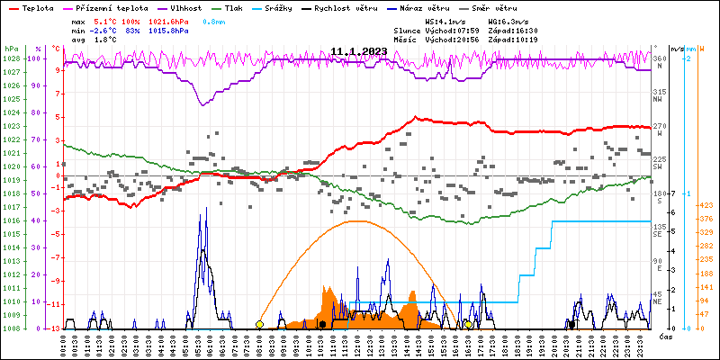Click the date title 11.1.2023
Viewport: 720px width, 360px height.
point(358,51)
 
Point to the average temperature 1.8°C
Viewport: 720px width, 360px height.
point(106,40)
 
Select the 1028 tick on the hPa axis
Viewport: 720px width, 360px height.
point(11,58)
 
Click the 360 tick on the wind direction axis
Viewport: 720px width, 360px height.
point(660,58)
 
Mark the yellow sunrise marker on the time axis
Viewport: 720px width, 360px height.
point(259,324)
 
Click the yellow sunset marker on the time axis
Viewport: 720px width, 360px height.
point(468,324)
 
